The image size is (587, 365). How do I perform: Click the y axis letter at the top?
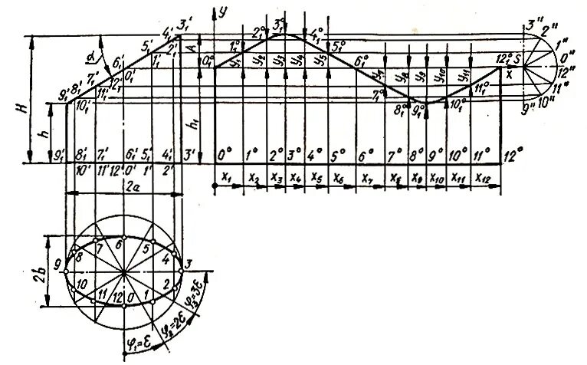pyautogui.click(x=225, y=12)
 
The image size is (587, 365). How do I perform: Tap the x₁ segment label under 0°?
pyautogui.click(x=225, y=177)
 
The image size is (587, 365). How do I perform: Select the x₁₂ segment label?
pyautogui.click(x=484, y=177)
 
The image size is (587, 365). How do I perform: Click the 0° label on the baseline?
pyautogui.click(x=224, y=155)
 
